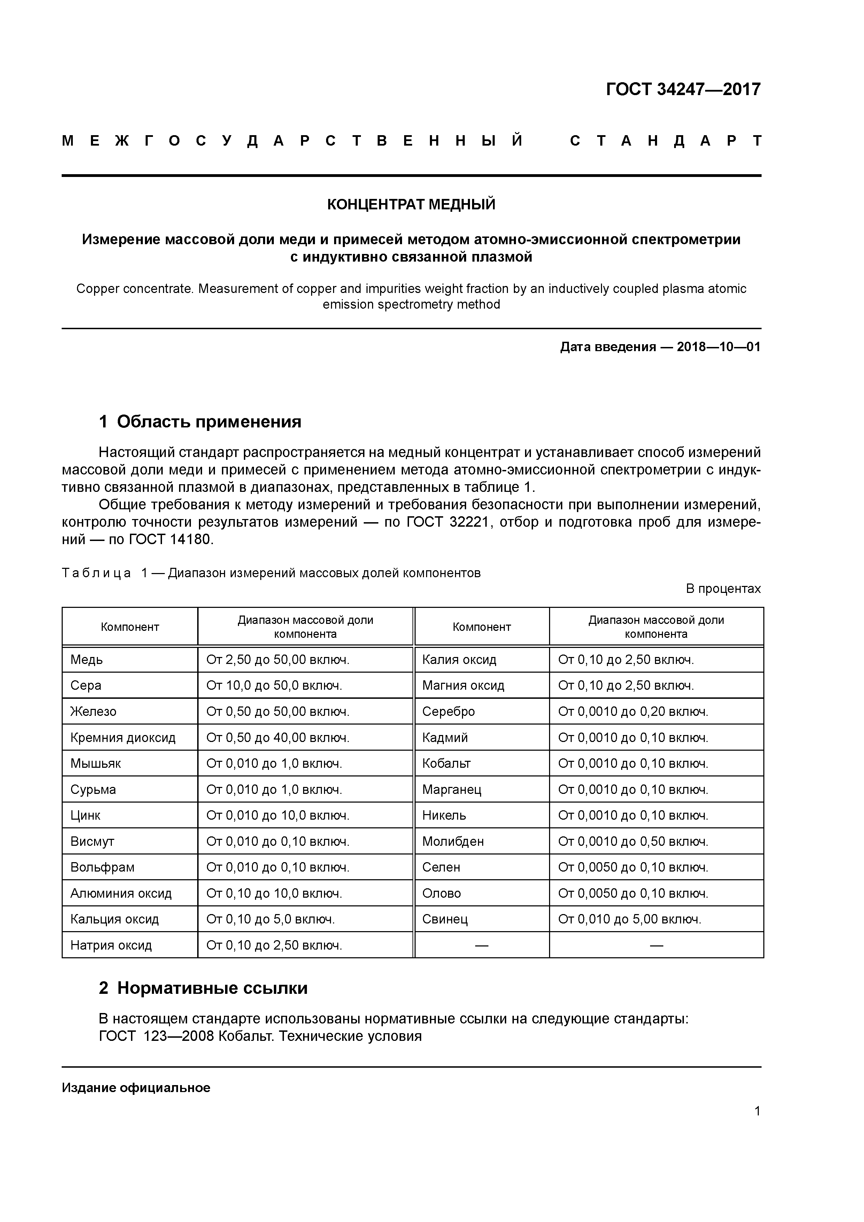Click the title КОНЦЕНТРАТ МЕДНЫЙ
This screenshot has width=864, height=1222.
point(411,204)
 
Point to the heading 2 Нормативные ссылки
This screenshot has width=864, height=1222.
point(203,988)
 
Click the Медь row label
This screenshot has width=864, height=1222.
point(87,660)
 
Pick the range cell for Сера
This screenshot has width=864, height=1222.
point(274,686)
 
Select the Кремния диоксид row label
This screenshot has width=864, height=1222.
point(123,738)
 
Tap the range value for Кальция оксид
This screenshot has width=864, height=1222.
point(270,919)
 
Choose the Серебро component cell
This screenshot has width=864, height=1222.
point(448,712)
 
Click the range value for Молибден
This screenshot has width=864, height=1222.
point(633,842)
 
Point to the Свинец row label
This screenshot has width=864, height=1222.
point(445,919)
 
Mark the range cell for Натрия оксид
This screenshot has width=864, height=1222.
point(274,945)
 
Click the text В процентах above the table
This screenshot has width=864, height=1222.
point(723,589)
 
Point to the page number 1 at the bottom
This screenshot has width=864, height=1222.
point(757,1111)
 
